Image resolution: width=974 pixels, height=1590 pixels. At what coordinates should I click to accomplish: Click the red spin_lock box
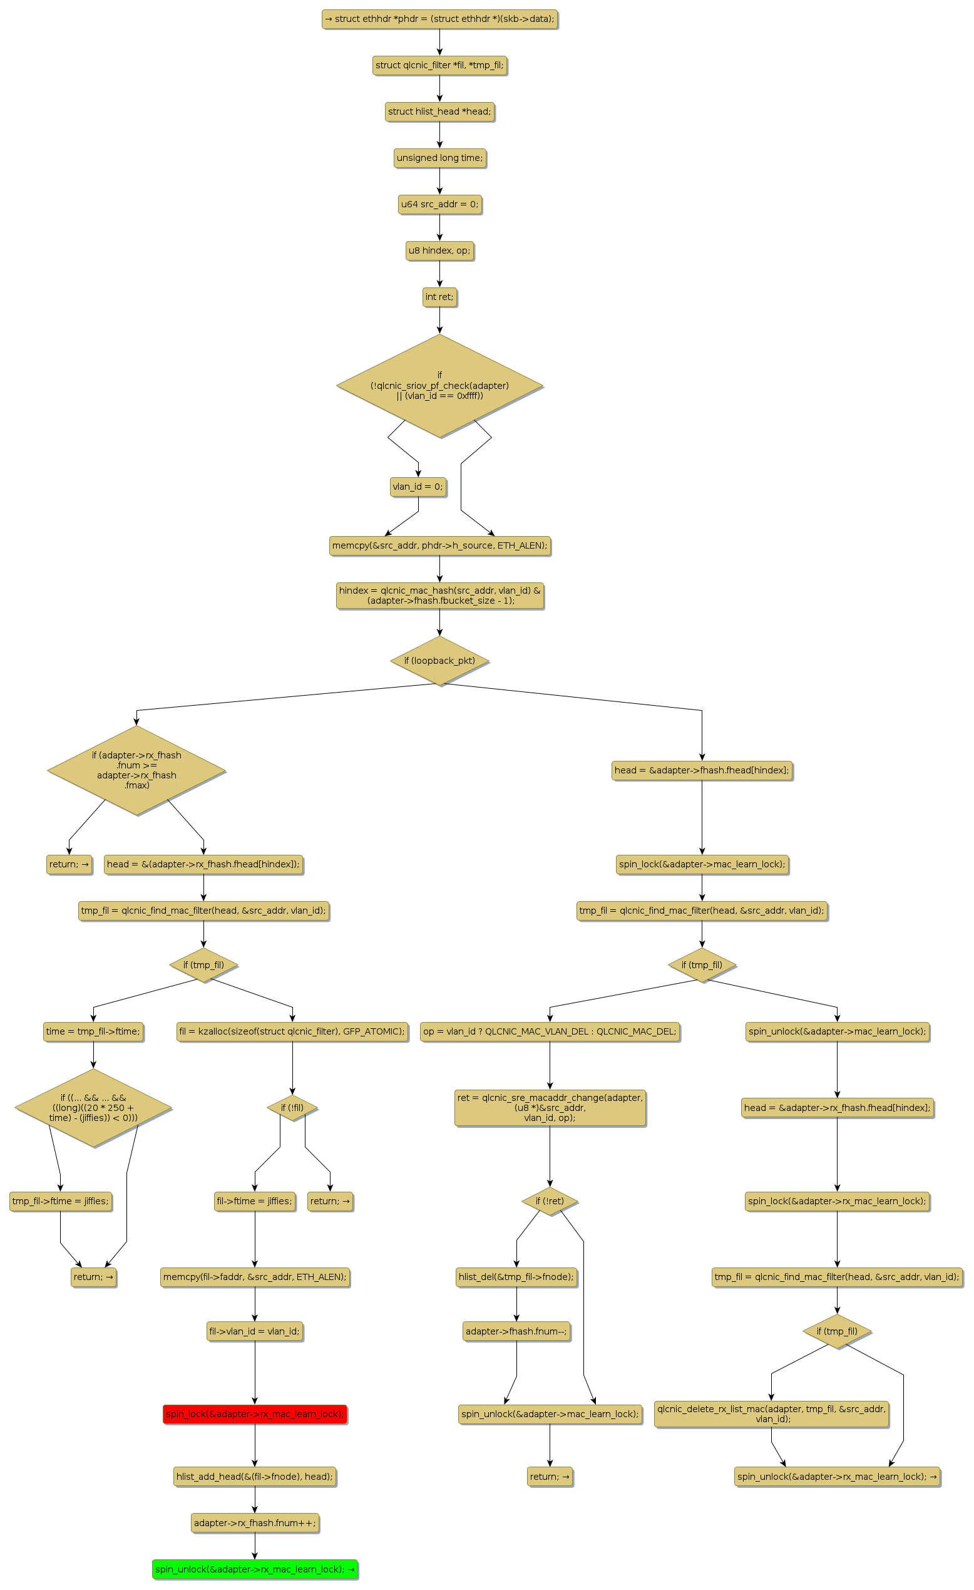(x=255, y=1414)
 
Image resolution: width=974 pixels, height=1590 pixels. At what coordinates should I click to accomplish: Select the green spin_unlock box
(x=255, y=1569)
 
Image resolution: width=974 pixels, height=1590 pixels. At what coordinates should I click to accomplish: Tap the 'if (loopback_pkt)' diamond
(x=439, y=660)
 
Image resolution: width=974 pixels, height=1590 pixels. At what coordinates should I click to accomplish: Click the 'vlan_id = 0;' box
(x=418, y=487)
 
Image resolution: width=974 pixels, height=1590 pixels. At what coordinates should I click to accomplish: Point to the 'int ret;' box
(x=439, y=297)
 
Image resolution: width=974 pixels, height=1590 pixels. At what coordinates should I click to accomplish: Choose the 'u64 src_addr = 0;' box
(x=439, y=204)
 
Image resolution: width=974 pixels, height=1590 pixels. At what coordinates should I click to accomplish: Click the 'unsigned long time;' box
(x=439, y=157)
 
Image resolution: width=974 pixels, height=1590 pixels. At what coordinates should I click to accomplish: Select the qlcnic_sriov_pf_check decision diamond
(x=439, y=385)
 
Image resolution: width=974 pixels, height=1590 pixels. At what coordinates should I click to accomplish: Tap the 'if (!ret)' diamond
(x=550, y=1201)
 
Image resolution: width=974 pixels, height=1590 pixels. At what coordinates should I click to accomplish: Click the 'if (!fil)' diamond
(x=292, y=1107)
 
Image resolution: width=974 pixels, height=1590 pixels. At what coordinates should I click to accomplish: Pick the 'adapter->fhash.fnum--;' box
(x=516, y=1331)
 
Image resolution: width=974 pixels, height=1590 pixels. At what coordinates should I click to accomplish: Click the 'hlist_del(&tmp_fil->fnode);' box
(x=516, y=1276)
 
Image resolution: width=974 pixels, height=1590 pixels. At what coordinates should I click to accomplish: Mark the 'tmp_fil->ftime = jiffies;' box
(x=61, y=1201)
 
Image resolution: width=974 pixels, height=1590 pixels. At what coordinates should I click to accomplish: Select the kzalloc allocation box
(x=292, y=1031)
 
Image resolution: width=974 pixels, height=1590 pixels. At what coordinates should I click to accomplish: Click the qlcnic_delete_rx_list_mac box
(x=771, y=1413)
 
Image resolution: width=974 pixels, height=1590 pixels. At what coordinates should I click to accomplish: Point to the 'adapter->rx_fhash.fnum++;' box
(x=255, y=1522)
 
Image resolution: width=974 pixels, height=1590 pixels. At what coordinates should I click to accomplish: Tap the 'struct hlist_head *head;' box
(x=439, y=111)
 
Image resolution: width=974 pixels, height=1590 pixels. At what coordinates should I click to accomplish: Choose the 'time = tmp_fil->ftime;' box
(x=93, y=1031)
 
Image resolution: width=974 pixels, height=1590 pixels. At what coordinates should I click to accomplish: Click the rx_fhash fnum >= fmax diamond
(x=136, y=770)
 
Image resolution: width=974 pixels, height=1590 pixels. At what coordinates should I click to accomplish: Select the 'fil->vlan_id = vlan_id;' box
(x=255, y=1331)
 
